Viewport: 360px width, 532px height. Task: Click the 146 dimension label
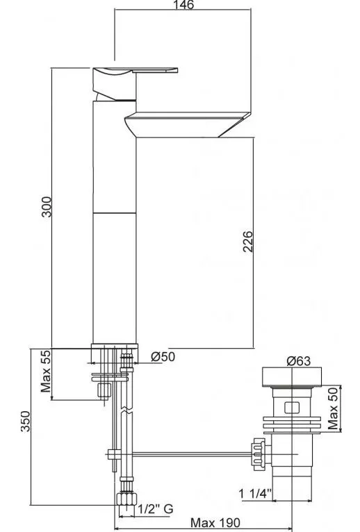coord(183,5)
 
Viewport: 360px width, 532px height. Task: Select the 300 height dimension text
coord(47,207)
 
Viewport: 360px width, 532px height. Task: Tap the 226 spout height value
coord(248,241)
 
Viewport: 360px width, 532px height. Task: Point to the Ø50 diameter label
coord(163,356)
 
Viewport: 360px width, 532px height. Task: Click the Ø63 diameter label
coord(299,360)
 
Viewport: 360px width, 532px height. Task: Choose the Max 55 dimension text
coord(45,371)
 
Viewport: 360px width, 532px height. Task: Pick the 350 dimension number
coord(26,422)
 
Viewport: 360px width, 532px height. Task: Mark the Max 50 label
coord(333,408)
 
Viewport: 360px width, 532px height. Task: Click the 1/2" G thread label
coord(156,509)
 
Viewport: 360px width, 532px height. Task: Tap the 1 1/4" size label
coord(256,494)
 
